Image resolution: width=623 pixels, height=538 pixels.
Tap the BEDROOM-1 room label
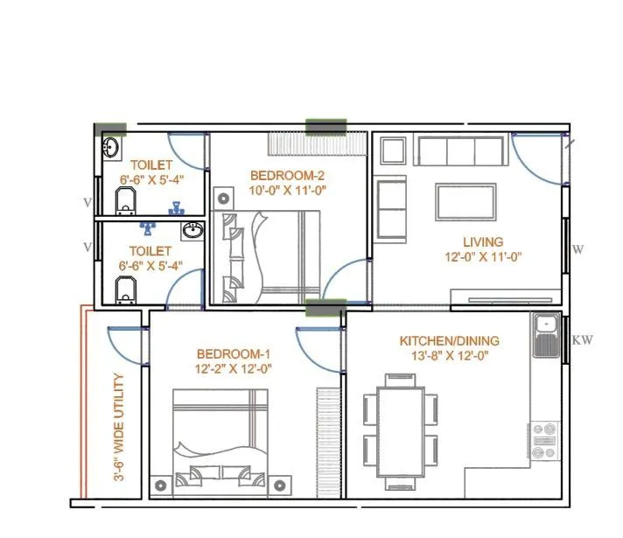pyautogui.click(x=234, y=353)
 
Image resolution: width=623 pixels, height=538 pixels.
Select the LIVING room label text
pyautogui.click(x=483, y=241)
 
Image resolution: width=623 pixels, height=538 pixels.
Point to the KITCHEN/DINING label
pyautogui.click(x=449, y=340)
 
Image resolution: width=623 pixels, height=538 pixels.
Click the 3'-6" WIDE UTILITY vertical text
pyautogui.click(x=120, y=428)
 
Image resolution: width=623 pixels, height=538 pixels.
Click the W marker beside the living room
pyautogui.click(x=577, y=249)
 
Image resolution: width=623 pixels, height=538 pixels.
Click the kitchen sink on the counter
pyautogui.click(x=544, y=325)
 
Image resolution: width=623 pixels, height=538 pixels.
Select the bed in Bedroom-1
pyautogui.click(x=218, y=437)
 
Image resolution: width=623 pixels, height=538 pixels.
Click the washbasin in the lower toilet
pyautogui.click(x=193, y=231)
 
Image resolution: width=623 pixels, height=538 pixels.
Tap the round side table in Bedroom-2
pyautogui.click(x=224, y=198)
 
